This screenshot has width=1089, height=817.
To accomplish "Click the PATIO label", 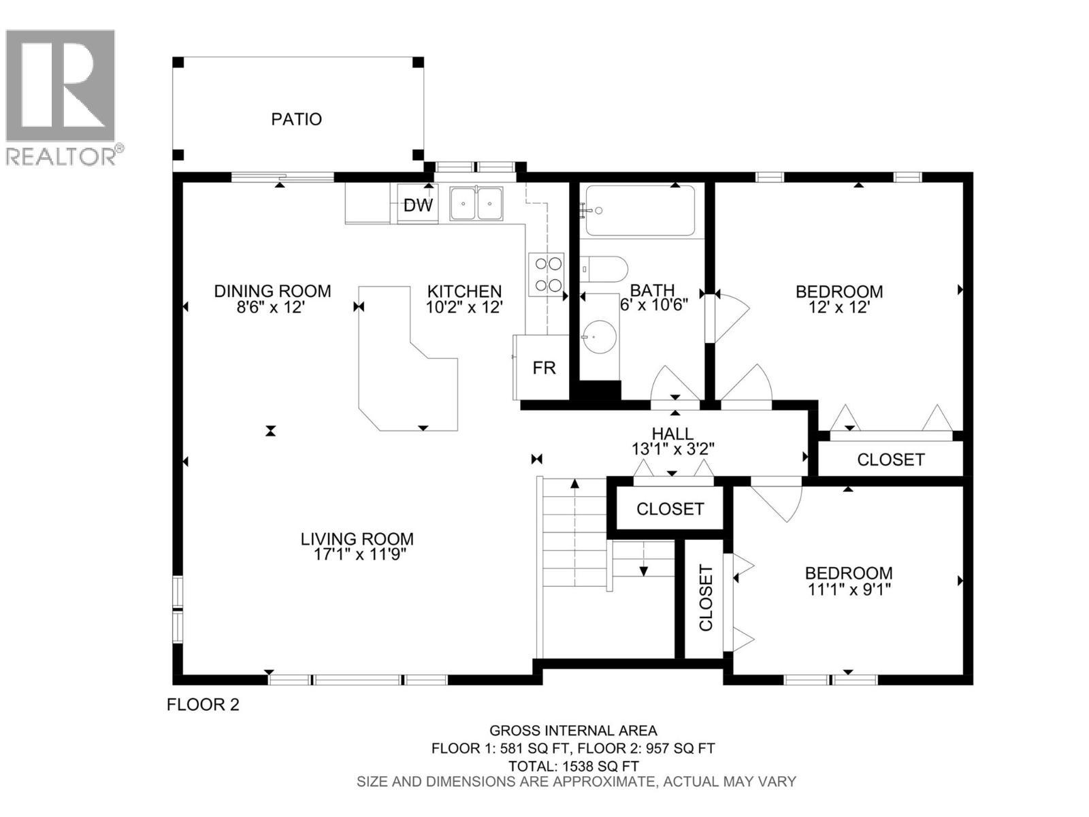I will click(296, 119).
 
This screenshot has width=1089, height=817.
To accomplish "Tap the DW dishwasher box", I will click(418, 205).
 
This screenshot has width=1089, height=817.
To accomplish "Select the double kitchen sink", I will click(476, 203).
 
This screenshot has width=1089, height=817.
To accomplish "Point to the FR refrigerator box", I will click(544, 368).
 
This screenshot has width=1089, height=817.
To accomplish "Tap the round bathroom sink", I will click(600, 335).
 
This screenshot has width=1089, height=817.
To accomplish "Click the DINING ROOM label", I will click(272, 291).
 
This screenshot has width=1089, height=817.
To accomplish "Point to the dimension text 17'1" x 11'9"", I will click(356, 554).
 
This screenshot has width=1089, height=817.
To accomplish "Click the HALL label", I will click(672, 434).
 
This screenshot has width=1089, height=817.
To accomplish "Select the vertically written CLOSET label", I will click(706, 598).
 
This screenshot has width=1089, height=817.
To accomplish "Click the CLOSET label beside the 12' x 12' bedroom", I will click(890, 460).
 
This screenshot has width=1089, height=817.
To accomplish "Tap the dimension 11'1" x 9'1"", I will click(849, 589).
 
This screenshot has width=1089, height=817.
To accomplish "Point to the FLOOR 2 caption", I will click(203, 705).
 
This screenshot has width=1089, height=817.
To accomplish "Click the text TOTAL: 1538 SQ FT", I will click(573, 766).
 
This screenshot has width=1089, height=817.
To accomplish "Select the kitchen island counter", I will click(402, 368).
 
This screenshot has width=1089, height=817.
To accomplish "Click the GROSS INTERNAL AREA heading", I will click(573, 731).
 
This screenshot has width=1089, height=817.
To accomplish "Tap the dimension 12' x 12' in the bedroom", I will click(839, 307).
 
